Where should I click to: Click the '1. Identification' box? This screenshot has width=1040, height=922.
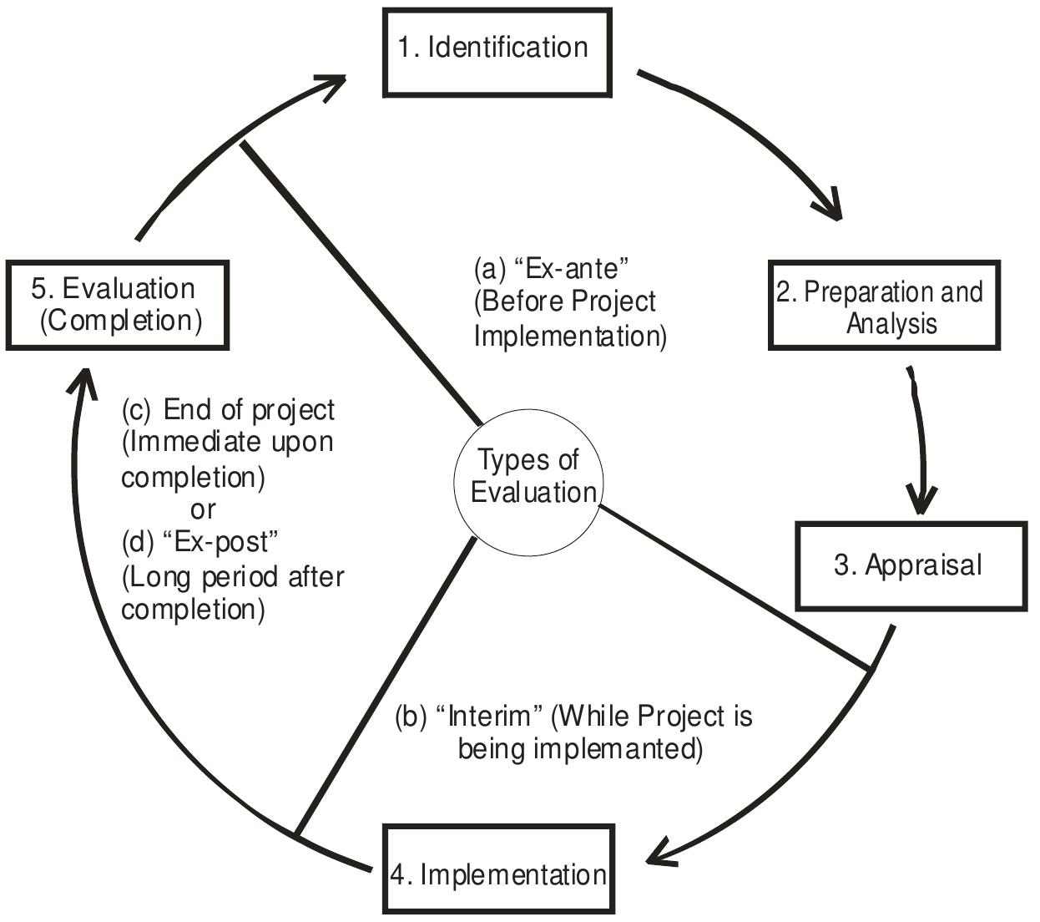tap(497, 52)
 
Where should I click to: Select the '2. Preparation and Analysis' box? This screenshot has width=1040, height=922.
tap(884, 306)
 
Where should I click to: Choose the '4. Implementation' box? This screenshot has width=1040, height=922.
tap(499, 873)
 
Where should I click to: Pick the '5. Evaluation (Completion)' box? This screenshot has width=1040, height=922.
tap(117, 305)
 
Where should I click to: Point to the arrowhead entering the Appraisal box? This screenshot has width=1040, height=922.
tap(920, 501)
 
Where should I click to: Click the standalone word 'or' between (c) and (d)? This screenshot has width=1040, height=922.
tap(203, 509)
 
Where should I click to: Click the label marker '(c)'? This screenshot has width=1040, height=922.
tap(137, 410)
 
